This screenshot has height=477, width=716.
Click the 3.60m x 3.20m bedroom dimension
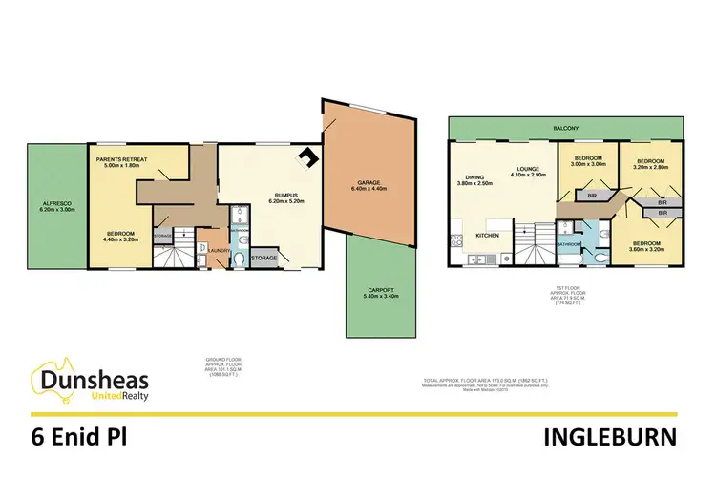point(651,249)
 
